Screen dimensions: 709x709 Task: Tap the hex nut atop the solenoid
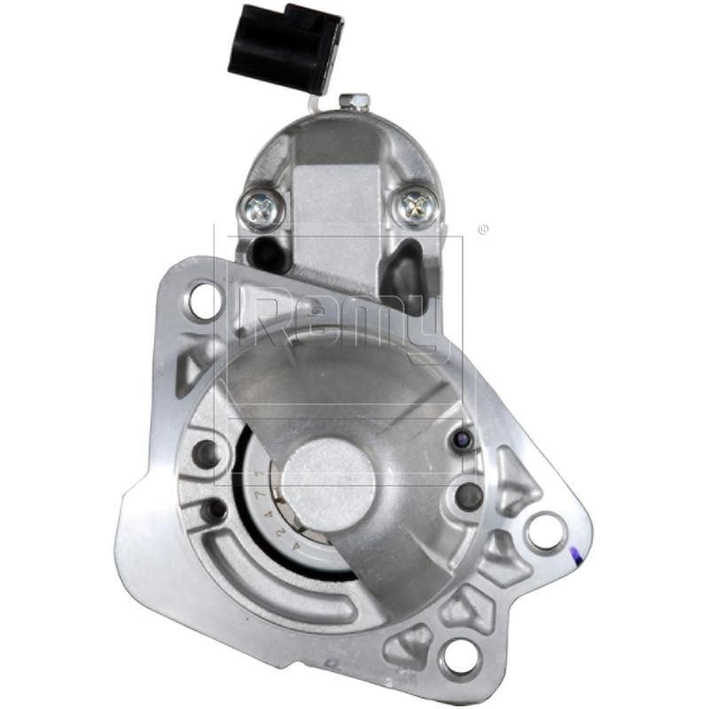[357, 102]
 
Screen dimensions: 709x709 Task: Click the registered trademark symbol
[482, 230]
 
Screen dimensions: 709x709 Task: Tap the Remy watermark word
[346, 323]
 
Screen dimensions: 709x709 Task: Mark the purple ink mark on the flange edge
[576, 557]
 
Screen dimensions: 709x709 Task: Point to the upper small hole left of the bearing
[206, 454]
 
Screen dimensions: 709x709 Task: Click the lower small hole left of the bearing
[214, 510]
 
